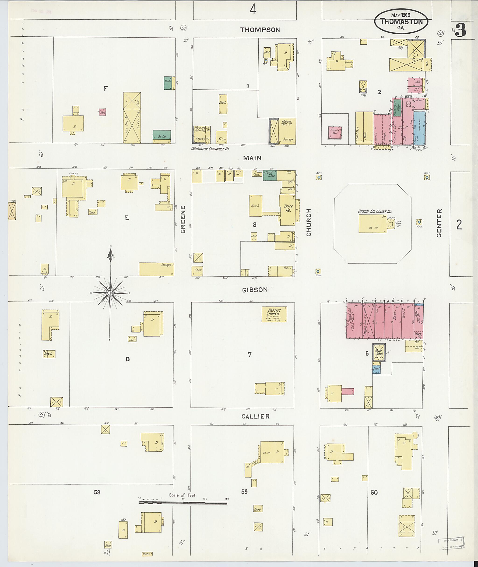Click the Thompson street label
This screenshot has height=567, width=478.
[260, 30]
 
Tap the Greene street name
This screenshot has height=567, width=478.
[183, 219]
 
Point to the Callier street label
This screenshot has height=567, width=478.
[256, 416]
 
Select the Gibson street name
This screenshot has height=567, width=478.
[255, 290]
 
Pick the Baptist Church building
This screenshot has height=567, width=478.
[274, 314]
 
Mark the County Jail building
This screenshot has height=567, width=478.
[335, 133]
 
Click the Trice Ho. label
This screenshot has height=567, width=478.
[288, 208]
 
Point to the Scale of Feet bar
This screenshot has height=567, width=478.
[183, 503]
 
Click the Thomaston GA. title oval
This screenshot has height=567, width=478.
[401, 21]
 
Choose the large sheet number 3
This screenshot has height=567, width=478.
[460, 31]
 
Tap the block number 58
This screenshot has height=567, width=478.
[97, 492]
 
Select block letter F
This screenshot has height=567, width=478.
[106, 88]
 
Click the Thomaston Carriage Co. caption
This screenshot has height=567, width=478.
[210, 149]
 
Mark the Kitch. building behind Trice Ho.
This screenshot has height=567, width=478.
[255, 206]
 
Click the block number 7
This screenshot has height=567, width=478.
[249, 354]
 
